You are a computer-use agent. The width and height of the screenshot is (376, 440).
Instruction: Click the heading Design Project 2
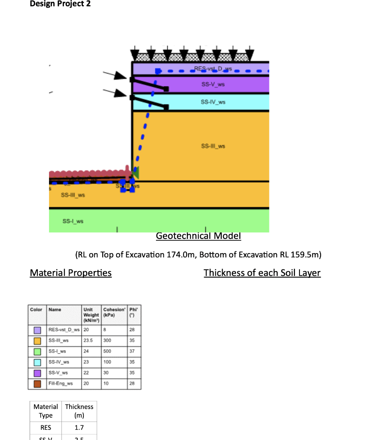tap(60, 4)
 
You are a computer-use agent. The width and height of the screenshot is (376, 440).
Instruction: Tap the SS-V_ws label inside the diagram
tap(213, 84)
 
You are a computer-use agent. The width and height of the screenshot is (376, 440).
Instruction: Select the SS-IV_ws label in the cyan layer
tap(213, 102)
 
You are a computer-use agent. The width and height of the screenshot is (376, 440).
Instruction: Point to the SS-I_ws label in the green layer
tap(73, 221)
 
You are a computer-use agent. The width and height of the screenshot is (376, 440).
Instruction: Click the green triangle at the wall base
tap(135, 173)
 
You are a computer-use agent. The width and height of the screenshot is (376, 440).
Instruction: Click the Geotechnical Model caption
tap(198, 236)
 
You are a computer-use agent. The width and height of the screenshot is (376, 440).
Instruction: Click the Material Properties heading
tap(70, 273)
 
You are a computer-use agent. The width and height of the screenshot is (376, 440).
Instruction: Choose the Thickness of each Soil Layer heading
tap(262, 273)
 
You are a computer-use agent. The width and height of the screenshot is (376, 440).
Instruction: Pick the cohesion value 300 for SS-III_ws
tap(107, 341)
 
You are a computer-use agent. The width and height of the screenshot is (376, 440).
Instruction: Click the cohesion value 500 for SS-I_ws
tap(107, 351)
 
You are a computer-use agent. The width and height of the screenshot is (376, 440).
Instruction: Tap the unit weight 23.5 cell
tap(87, 341)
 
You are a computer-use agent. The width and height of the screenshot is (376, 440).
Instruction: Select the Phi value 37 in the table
tap(132, 351)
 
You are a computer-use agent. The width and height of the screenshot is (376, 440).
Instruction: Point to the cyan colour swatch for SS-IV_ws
tap(37, 362)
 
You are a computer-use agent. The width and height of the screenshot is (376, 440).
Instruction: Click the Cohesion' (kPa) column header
tap(114, 312)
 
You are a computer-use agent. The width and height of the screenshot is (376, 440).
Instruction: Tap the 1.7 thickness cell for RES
tap(79, 428)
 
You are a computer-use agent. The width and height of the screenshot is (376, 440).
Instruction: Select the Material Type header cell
tap(46, 411)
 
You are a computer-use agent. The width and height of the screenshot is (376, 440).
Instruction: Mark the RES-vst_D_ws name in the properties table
tap(64, 330)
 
